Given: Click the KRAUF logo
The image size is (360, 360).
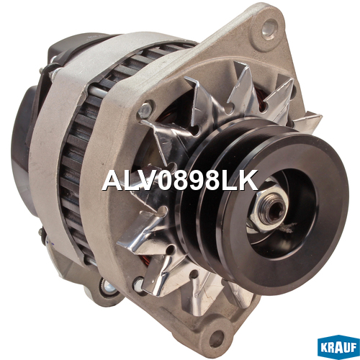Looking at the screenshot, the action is (x=338, y=348).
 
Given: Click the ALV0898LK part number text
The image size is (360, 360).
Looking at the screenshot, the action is (x=180, y=180).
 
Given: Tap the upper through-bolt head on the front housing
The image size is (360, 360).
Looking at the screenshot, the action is (x=145, y=110).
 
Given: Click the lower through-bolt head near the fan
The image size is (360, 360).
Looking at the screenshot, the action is (x=139, y=285).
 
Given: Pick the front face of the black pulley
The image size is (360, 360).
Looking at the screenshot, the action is (x=283, y=211).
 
